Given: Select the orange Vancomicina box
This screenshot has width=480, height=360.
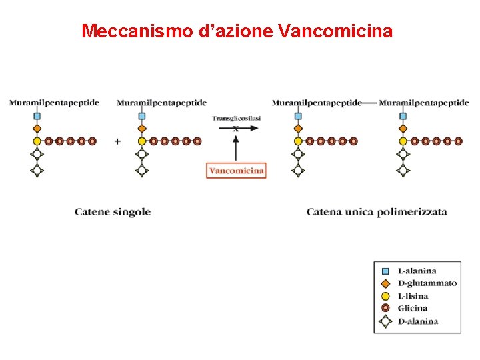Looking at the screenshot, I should (x=236, y=170).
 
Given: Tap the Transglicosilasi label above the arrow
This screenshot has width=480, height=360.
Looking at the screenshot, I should (x=236, y=118).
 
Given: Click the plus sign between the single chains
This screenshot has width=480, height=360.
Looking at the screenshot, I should (x=117, y=141).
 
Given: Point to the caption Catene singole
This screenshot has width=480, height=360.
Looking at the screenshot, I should (x=113, y=212).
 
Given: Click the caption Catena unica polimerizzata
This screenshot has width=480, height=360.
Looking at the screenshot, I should (x=377, y=212).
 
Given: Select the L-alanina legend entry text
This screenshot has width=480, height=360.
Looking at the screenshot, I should (x=417, y=271).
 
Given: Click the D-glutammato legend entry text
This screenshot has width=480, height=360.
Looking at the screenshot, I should (x=427, y=283).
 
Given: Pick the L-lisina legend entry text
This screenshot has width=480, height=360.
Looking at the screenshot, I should (x=413, y=296).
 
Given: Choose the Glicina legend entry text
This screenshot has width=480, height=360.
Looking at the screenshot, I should (x=412, y=308).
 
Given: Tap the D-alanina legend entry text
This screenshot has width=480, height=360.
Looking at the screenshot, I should (x=417, y=321).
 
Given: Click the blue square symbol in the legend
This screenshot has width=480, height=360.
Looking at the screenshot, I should (x=385, y=271).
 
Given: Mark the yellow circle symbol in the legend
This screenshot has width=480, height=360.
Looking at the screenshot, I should (x=385, y=296).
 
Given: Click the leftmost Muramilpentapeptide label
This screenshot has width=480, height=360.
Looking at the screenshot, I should (x=54, y=103).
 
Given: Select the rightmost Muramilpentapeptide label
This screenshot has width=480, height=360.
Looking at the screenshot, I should (x=423, y=103).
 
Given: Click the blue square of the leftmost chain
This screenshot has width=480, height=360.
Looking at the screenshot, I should (x=37, y=116).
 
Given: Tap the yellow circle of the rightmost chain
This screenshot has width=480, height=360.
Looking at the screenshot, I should (x=403, y=141).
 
